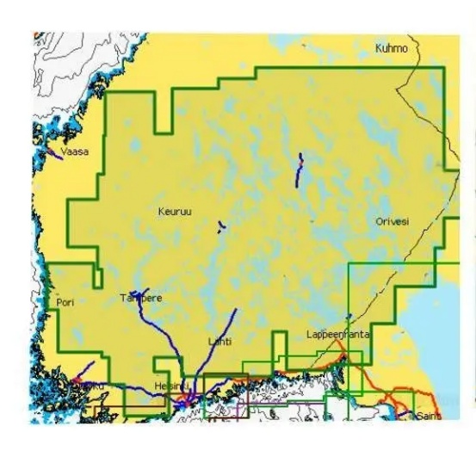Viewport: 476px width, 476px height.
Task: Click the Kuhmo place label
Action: (x=391, y=49)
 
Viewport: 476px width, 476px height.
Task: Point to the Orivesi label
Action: (x=393, y=221)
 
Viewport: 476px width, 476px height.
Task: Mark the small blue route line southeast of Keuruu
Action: (x=221, y=227)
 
